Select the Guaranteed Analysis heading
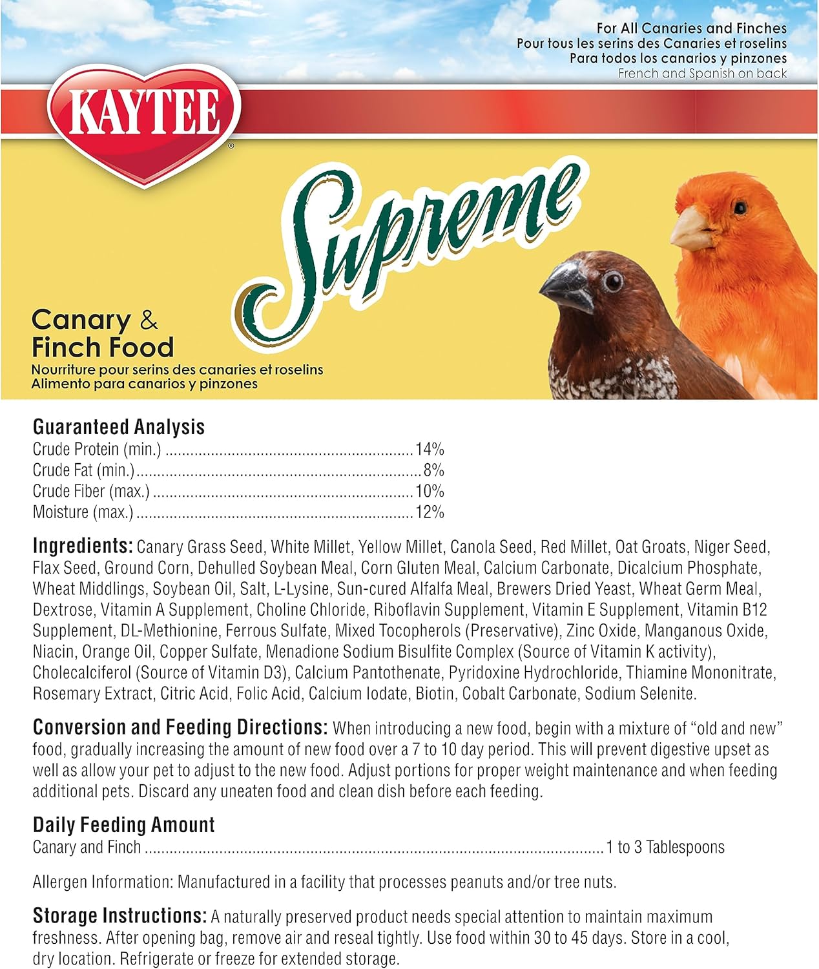(x=118, y=426)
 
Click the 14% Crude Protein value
(x=430, y=449)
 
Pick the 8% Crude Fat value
(x=433, y=470)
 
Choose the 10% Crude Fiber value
(x=430, y=491)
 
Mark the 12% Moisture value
(x=430, y=512)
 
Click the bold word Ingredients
(x=83, y=546)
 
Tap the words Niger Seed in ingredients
(x=731, y=547)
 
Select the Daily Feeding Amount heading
(x=123, y=825)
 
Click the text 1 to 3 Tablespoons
(x=665, y=847)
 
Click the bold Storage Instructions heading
(x=119, y=916)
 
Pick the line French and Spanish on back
(x=702, y=74)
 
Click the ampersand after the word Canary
(x=149, y=320)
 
